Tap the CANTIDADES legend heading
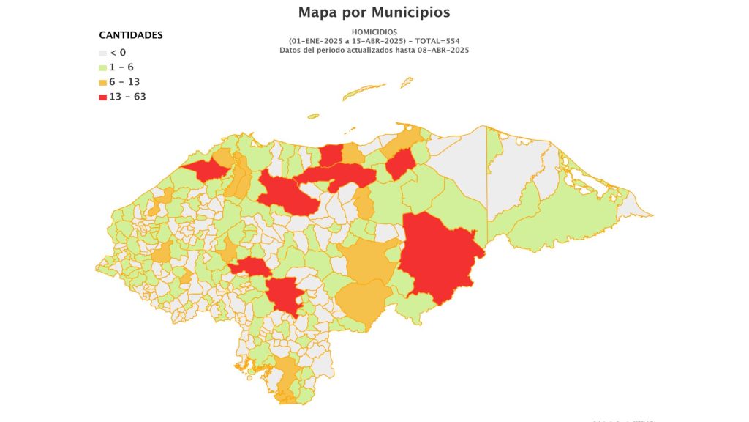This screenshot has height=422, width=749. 131,35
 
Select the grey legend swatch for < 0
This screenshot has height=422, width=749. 102,53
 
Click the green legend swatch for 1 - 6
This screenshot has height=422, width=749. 102,67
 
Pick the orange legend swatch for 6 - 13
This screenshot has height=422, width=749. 102,82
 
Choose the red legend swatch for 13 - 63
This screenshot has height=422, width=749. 102,97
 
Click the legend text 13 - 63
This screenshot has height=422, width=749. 128,97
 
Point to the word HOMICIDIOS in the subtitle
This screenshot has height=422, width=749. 374,32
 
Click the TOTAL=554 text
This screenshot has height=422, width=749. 436,41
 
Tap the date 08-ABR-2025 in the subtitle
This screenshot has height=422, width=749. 442,50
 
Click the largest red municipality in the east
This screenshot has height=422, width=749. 439,256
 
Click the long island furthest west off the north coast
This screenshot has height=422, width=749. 313,116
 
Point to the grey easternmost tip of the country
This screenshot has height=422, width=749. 636,212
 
